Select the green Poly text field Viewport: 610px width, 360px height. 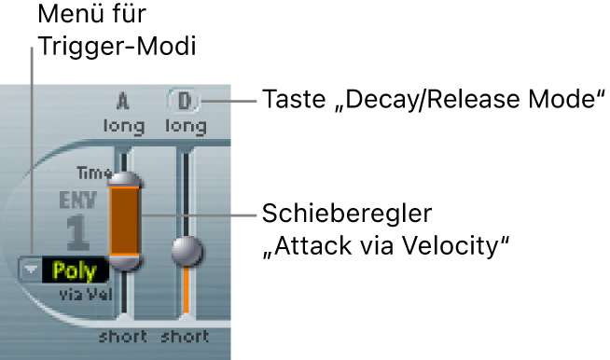click(x=75, y=271)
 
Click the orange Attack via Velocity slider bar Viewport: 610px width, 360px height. click(x=125, y=220)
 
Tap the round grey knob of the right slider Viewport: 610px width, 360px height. click(x=187, y=251)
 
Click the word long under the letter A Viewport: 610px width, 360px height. click(x=122, y=124)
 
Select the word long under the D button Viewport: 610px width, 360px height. click(x=184, y=124)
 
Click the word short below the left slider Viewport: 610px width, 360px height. click(x=121, y=336)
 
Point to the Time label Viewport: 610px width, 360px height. click(x=93, y=173)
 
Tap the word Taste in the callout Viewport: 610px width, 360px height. click(x=291, y=98)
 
